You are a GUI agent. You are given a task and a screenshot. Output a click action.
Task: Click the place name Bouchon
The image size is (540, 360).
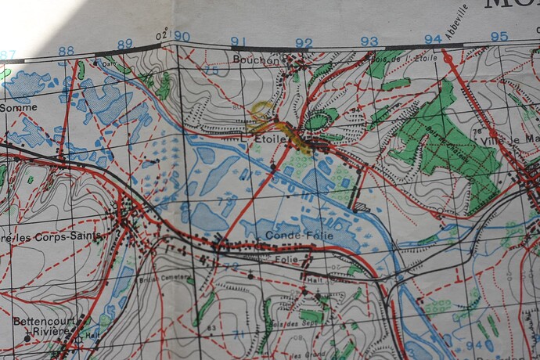tap(256, 59)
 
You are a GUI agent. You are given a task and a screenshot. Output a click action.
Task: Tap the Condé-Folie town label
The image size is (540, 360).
tap(299, 235)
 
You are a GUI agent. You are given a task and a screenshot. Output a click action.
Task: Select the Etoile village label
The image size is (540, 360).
tap(270, 139)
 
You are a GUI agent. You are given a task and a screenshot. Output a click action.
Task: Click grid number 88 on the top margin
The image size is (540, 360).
tap(66, 51)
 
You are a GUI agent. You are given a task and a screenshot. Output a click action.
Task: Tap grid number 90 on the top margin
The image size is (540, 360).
tap(182, 37)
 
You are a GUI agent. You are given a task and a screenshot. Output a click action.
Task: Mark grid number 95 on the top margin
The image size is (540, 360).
tap(499, 37)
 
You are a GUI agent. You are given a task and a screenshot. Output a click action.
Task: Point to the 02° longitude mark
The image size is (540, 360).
tap(162, 35)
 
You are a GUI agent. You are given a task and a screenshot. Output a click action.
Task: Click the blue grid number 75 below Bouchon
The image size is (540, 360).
tap(211, 71)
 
